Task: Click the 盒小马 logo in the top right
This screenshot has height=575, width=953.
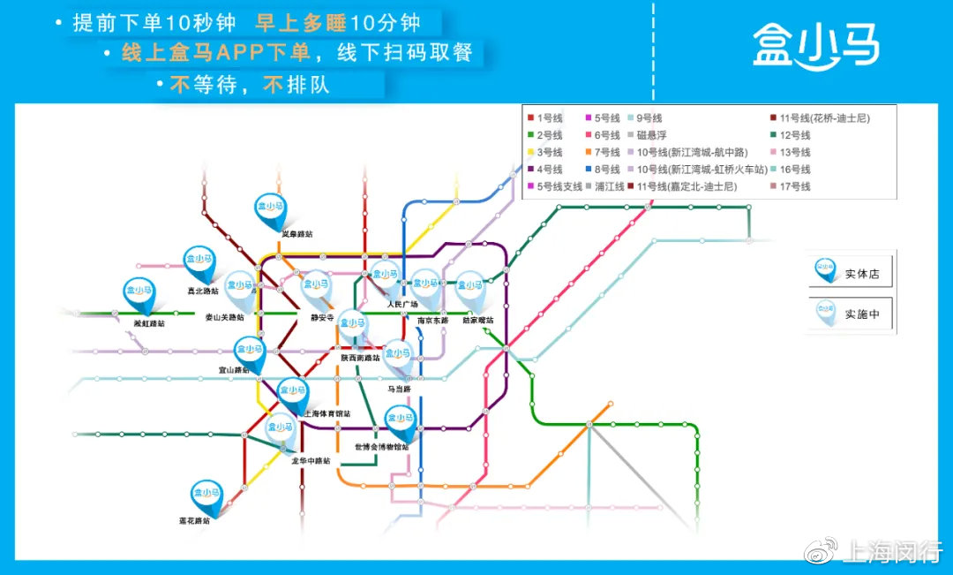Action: pyautogui.click(x=815, y=45)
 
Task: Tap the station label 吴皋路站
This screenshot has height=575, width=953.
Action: pyautogui.click(x=297, y=234)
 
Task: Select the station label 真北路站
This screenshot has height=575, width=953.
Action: pyautogui.click(x=202, y=291)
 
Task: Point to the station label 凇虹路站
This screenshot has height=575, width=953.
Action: pyautogui.click(x=149, y=323)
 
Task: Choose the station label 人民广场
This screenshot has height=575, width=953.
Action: pyautogui.click(x=402, y=304)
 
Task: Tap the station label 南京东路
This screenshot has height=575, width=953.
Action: pyautogui.click(x=432, y=320)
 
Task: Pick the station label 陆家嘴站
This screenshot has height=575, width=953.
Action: pyautogui.click(x=478, y=320)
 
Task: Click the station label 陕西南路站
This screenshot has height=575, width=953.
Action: pyautogui.click(x=360, y=358)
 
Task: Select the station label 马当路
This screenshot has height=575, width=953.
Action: pyautogui.click(x=400, y=388)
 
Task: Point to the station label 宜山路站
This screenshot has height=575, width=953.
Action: pyautogui.click(x=234, y=371)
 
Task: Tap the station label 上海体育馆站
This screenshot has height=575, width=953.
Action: pyautogui.click(x=326, y=412)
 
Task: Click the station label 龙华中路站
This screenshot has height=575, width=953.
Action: pyautogui.click(x=311, y=460)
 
